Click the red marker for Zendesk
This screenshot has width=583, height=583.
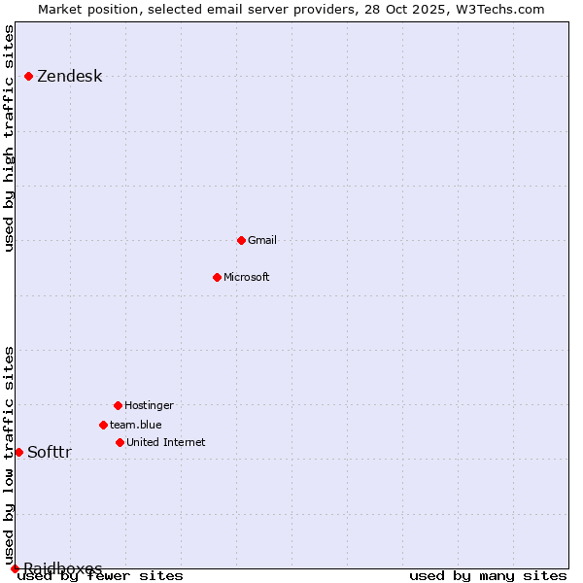(28, 76)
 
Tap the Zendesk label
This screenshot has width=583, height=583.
(69, 77)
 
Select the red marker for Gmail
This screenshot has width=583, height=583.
(241, 240)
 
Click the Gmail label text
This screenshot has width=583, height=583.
(262, 240)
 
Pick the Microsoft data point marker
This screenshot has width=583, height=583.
(217, 277)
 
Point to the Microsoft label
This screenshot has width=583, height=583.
(246, 277)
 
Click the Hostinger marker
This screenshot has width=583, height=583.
(118, 405)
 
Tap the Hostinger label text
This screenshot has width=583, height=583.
(149, 405)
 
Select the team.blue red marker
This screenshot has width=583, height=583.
(103, 425)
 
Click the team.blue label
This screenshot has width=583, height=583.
(135, 425)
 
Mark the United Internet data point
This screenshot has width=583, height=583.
(120, 442)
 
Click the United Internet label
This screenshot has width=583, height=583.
(165, 442)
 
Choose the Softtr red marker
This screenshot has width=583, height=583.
(18, 452)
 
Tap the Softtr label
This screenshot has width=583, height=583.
(49, 453)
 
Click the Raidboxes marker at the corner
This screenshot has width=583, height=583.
(15, 568)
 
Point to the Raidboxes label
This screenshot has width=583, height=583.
(62, 568)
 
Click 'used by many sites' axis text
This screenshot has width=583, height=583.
(488, 576)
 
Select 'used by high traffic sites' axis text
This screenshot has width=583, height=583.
(10, 138)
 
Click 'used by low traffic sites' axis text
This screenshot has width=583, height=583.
(10, 455)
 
